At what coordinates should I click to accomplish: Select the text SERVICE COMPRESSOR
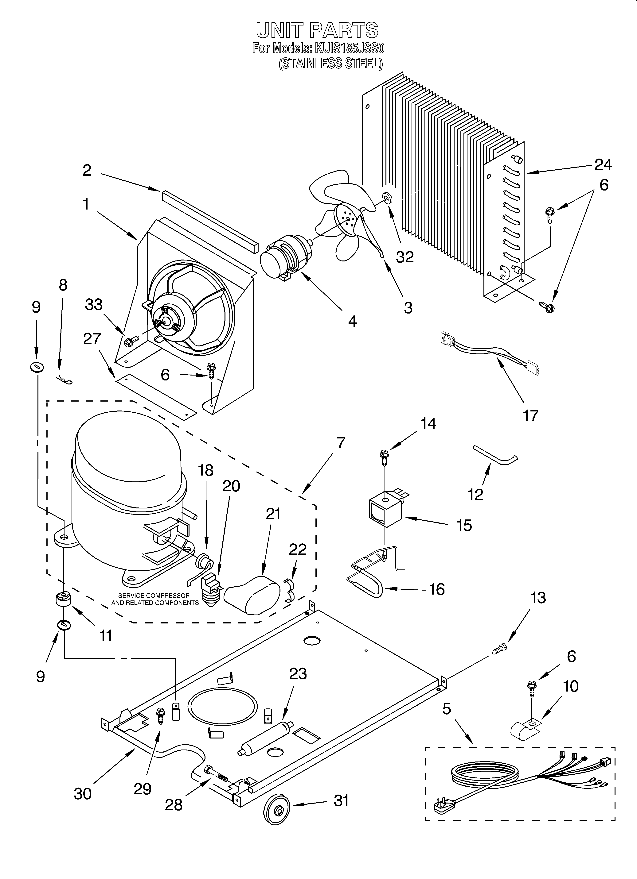pyautogui.click(x=154, y=595)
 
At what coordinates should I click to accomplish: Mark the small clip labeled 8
pyautogui.click(x=64, y=380)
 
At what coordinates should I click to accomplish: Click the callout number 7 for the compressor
pyautogui.click(x=341, y=442)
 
